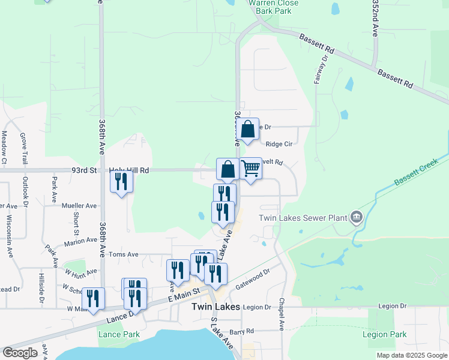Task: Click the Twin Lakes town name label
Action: [x=215, y=307]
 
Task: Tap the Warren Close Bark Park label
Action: [x=270, y=7]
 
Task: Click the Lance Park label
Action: [x=119, y=334]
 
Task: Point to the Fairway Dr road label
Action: [x=320, y=70]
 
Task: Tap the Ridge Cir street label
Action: [x=279, y=144]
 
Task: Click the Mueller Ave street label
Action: [x=79, y=206]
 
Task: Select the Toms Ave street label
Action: [x=123, y=254]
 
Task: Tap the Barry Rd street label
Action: [x=242, y=331]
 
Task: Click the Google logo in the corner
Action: [x=20, y=352]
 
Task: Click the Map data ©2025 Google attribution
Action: [x=412, y=356]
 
